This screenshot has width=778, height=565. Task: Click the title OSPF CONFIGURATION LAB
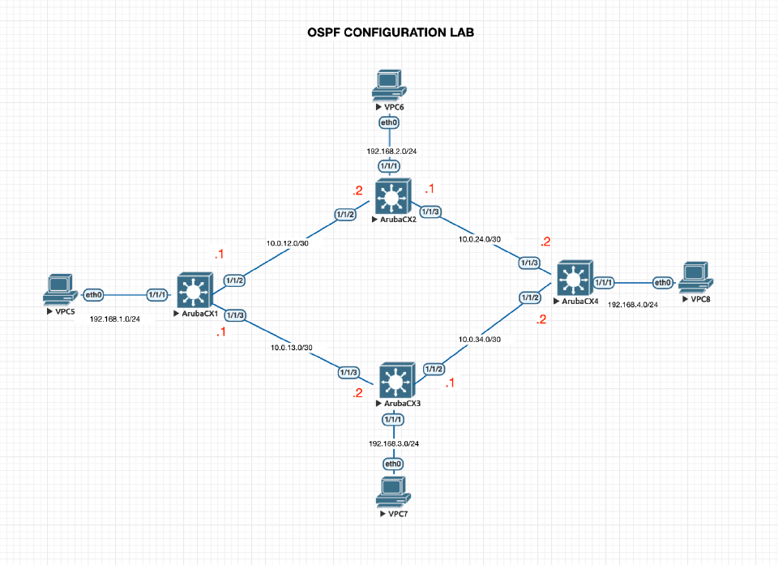coord(391,33)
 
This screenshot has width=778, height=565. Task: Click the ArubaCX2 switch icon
coord(393,198)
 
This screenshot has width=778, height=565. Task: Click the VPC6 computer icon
coord(388,85)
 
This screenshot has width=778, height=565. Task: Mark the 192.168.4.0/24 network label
coord(634,305)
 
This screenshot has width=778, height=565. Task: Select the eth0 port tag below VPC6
coord(389,122)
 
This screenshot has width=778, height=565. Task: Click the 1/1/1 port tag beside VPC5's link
coord(156,294)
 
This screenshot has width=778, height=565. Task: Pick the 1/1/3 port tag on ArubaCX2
coord(430,212)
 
